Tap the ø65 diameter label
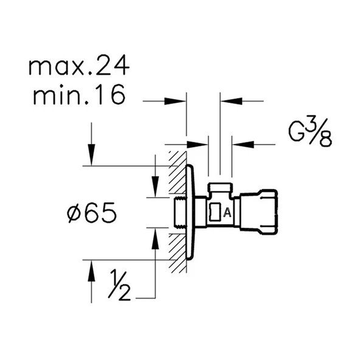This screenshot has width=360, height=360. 92,213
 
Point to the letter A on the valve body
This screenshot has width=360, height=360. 227,212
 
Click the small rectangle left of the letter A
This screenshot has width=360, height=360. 215,212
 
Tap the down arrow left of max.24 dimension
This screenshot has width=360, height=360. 91,156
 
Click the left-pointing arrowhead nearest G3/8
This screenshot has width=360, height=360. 242,144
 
